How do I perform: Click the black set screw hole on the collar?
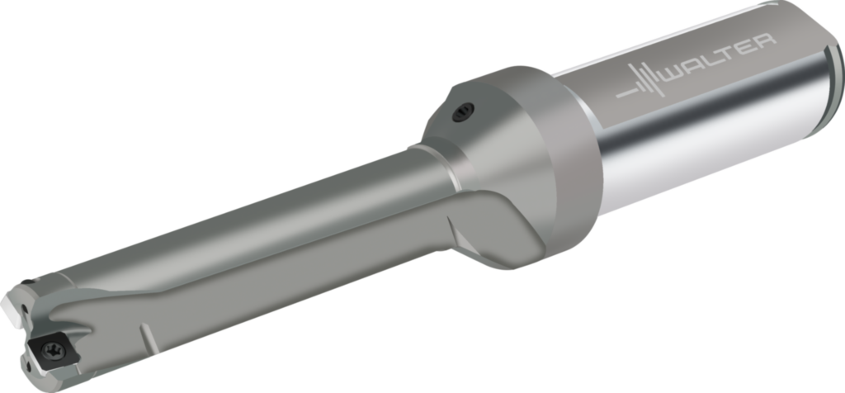(x=463, y=112)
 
